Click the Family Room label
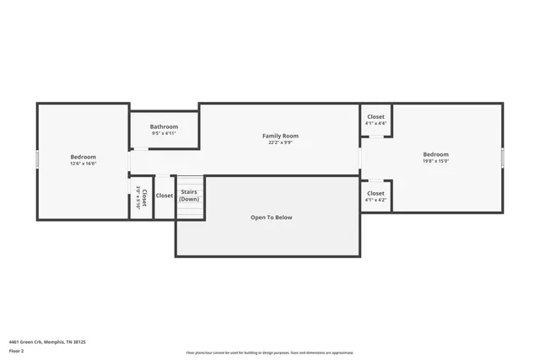coord(280,136)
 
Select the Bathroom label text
coord(164,126)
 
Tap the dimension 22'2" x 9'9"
coord(280,142)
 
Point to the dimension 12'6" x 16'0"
coord(83,164)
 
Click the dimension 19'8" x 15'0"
coord(435,161)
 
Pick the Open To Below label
coord(271,218)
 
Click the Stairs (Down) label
coord(189,196)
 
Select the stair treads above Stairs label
coord(190,181)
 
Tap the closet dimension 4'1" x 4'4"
coord(375,123)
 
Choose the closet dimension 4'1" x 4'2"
coord(375,200)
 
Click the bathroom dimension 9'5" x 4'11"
coord(164,133)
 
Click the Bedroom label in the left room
coord(83,157)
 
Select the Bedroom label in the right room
coord(435,154)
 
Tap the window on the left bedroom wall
coord(37,160)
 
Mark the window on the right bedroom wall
coord(503,158)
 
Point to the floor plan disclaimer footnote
coord(270,352)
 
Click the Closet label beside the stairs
coord(165,196)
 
